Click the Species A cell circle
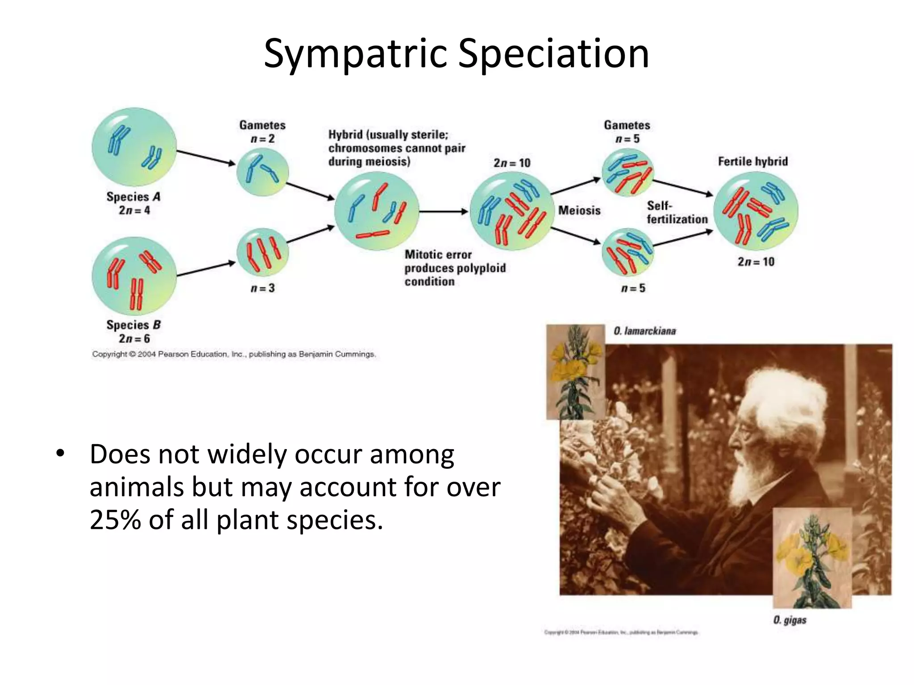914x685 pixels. pyautogui.click(x=134, y=147)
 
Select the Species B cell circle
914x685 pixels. pyautogui.click(x=134, y=276)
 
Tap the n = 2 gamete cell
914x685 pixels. pyautogui.click(x=262, y=172)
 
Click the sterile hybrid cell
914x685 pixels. pyautogui.click(x=377, y=211)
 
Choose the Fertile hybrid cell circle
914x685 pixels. pyautogui.click(x=756, y=211)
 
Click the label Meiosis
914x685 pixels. pyautogui.click(x=579, y=210)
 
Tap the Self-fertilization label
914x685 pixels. pyautogui.click(x=677, y=212)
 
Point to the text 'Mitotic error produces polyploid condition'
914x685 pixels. pyautogui.click(x=454, y=268)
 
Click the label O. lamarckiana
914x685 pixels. pyautogui.click(x=644, y=331)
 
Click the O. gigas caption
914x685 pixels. pyautogui.click(x=789, y=620)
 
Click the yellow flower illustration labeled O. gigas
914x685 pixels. pyautogui.click(x=812, y=557)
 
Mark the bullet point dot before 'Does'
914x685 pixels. pyautogui.click(x=60, y=454)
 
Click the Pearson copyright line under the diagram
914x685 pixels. pyautogui.click(x=234, y=354)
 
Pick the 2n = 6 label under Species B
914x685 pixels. pyautogui.click(x=134, y=339)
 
